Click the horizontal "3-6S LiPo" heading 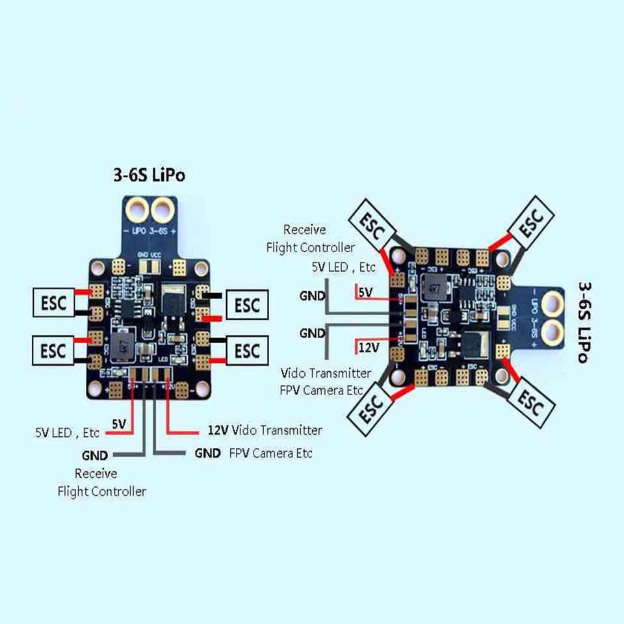[149, 176]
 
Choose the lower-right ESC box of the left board [246, 350]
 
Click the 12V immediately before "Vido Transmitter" [219, 430]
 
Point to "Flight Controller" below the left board [102, 491]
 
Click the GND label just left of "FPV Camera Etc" [207, 453]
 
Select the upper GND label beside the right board [312, 296]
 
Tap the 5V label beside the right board [366, 293]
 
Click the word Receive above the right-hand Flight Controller [305, 229]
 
